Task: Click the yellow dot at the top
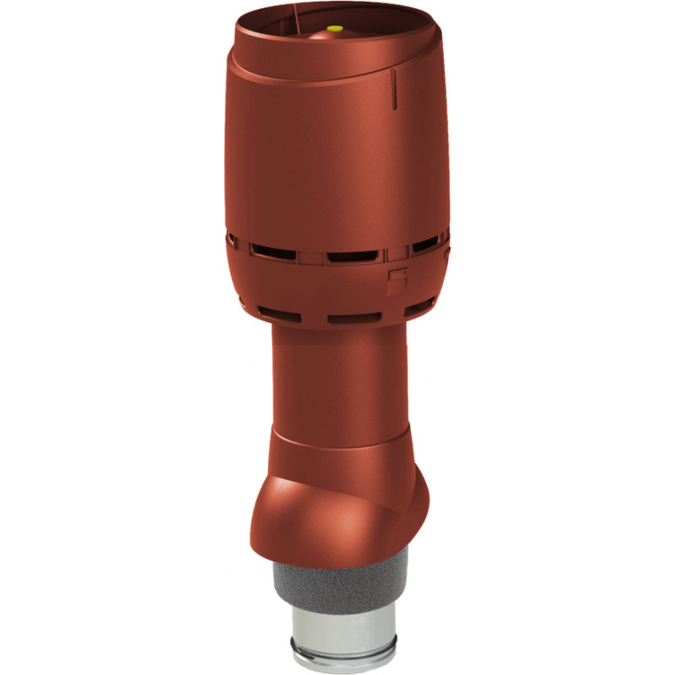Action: click(335, 29)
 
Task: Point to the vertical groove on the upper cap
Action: click(394, 89)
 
